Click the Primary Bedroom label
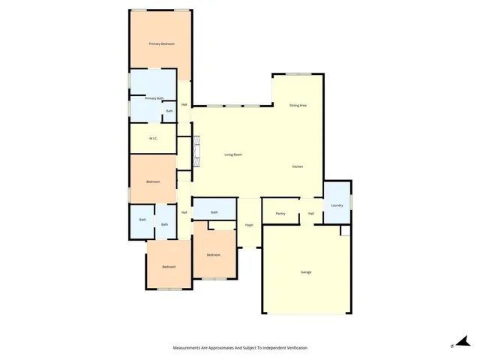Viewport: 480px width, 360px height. coord(161,44)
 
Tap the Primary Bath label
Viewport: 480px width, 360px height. coord(154,98)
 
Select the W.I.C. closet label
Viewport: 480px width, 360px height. coord(152,138)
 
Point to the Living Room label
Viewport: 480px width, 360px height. coord(233,154)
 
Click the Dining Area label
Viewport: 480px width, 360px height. coord(298,105)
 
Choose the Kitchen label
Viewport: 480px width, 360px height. coord(297,166)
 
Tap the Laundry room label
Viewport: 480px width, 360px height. coord(337,205)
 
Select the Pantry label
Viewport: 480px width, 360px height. coord(280,213)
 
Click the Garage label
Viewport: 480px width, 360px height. coord(306,271)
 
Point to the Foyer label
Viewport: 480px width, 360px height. coord(249,224)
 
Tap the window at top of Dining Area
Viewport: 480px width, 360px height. coord(298,73)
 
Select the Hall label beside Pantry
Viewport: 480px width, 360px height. coord(311,213)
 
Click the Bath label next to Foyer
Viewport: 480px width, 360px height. coord(214,212)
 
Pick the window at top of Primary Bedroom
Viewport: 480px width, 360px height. coord(160,10)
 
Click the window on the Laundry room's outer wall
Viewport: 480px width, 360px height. coord(351,201)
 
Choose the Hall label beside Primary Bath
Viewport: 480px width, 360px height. coord(184,104)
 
